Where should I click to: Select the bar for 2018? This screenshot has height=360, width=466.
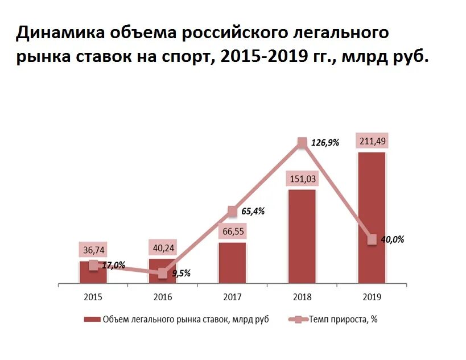[x=302, y=236]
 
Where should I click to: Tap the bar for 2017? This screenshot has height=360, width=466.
[x=232, y=263]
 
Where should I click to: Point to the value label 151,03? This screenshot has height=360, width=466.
[x=302, y=179]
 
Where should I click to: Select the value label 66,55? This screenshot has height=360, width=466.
[x=232, y=231]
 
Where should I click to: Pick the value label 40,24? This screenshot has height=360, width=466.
[x=162, y=248]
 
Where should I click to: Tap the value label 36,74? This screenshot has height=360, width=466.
[x=93, y=250]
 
